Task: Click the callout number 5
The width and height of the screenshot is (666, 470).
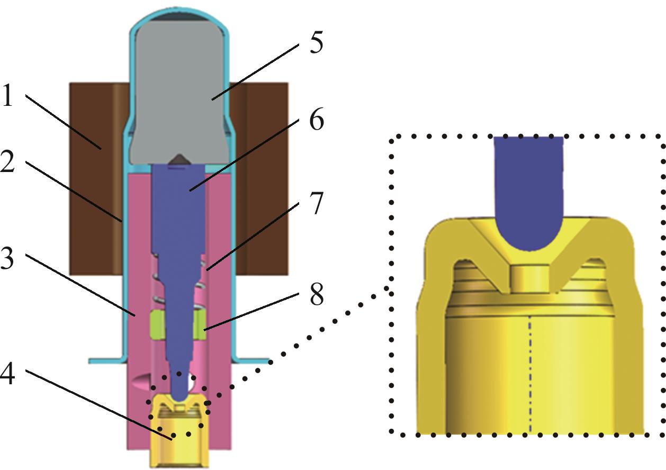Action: coord(316,42)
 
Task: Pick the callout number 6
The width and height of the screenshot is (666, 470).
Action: coord(316,121)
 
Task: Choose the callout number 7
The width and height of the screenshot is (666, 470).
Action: coord(316,204)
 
